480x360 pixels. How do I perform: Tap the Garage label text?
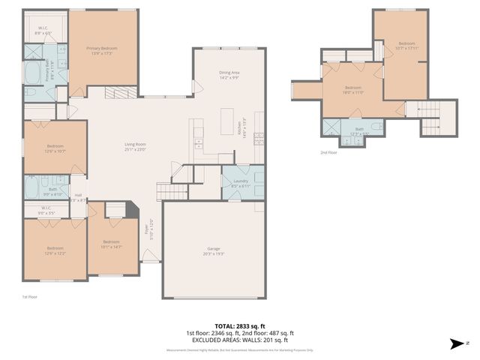(x=214, y=248)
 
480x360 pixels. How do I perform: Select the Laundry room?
(x=241, y=183)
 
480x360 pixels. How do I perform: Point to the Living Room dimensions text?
(x=135, y=149)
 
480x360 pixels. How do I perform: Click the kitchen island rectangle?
(x=227, y=121)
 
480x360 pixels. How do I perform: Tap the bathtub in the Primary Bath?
(x=34, y=75)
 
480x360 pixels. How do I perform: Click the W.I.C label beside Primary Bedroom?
(x=43, y=30)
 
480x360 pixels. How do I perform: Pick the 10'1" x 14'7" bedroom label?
(x=111, y=244)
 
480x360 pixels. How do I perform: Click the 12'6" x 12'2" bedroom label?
(x=55, y=251)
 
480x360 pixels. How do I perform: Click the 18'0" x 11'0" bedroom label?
(x=353, y=89)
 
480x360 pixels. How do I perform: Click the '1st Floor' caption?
(x=29, y=296)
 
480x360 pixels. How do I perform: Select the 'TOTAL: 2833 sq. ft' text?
(x=240, y=326)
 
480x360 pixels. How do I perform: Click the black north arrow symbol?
(x=454, y=344)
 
